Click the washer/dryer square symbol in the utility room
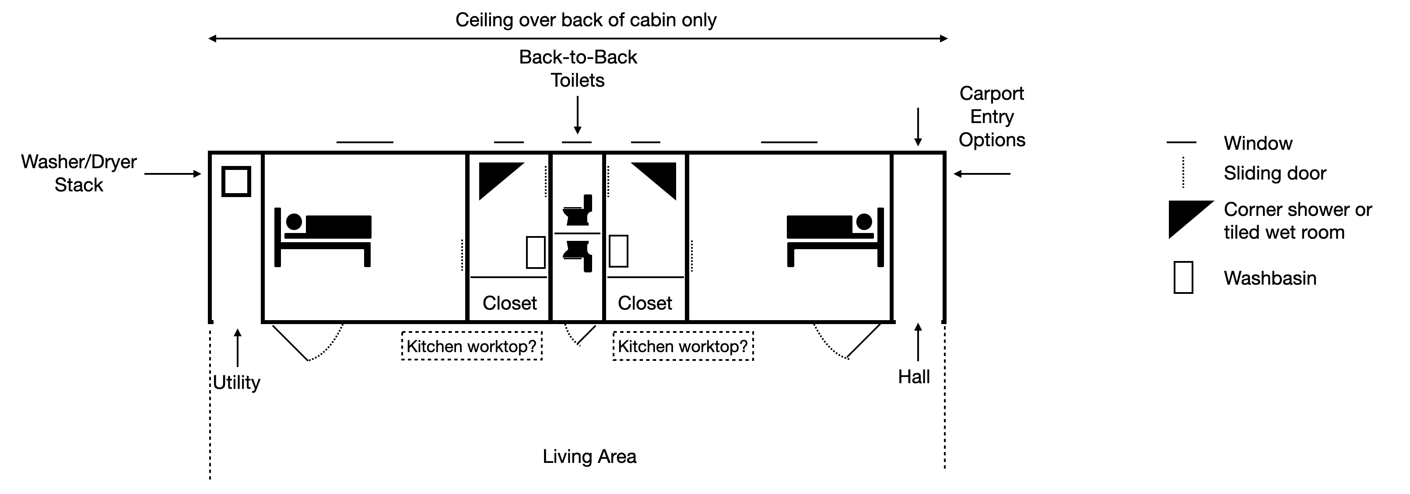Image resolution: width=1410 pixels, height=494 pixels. (236, 181)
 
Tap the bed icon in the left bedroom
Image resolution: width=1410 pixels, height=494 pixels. (323, 236)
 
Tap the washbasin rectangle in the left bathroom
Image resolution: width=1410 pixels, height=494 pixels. (535, 252)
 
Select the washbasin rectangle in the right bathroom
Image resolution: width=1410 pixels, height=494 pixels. (618, 251)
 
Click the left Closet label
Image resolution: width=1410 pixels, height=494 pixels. (509, 303)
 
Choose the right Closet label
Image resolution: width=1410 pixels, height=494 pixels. (645, 303)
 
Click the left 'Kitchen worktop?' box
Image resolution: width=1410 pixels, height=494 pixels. (472, 346)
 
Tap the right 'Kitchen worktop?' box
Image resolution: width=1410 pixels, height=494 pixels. (683, 346)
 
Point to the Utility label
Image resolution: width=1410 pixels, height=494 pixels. (236, 382)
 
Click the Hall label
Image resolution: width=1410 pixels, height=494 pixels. (914, 377)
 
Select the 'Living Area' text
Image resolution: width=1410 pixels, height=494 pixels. (589, 456)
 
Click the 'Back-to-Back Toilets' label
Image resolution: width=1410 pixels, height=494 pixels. (578, 68)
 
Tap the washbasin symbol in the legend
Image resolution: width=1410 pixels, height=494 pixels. (1183, 278)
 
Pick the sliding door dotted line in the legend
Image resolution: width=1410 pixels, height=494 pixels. (1183, 173)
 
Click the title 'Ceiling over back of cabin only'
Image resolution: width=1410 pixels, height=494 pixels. (586, 20)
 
